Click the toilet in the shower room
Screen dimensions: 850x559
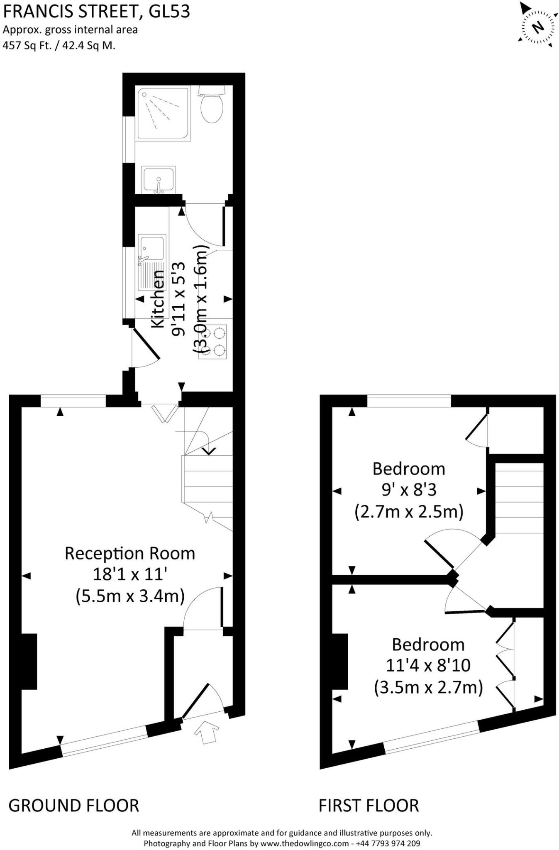pyautogui.click(x=212, y=106)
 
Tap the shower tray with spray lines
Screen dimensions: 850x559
pyautogui.click(x=162, y=113)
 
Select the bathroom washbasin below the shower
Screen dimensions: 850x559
pyautogui.click(x=158, y=179)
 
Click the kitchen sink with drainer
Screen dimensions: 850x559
pyautogui.click(x=151, y=261)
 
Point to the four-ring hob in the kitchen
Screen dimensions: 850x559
pyautogui.click(x=213, y=341)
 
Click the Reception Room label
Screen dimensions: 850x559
pyautogui.click(x=129, y=553)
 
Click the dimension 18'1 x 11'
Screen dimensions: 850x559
pyautogui.click(x=129, y=575)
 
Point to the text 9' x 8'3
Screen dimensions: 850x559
pyautogui.click(x=409, y=490)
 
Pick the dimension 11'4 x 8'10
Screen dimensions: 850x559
pyautogui.click(x=428, y=665)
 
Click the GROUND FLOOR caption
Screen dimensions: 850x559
pyautogui.click(x=74, y=806)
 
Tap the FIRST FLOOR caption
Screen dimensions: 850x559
pyautogui.click(x=369, y=806)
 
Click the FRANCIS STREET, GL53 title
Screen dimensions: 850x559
pyautogui.click(x=96, y=12)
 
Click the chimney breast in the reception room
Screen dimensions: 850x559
pyautogui.click(x=29, y=662)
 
